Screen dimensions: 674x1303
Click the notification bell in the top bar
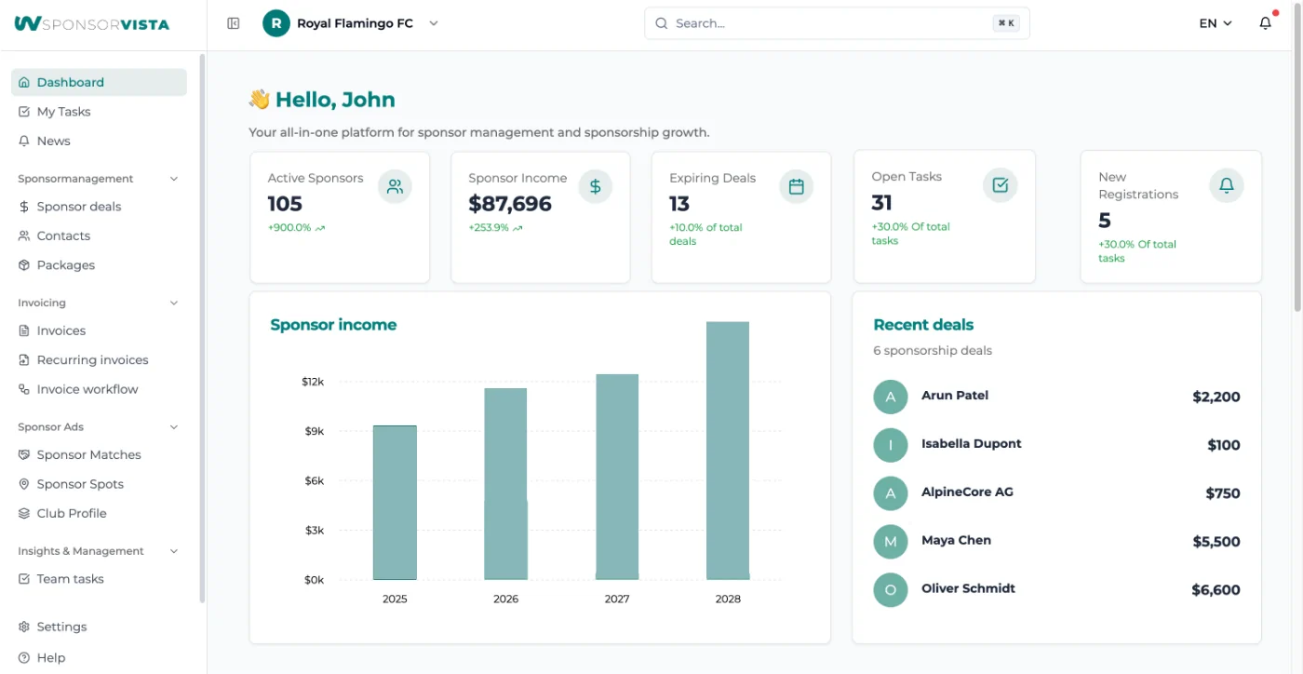pos(1265,24)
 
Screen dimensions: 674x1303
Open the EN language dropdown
pos(1216,24)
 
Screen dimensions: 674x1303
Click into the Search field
pos(828,23)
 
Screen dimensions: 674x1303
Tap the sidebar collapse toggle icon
pos(234,23)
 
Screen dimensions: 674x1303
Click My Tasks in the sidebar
pos(63,112)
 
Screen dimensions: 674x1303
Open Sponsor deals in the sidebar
pos(79,207)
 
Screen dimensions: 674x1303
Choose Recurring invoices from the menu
pos(92,360)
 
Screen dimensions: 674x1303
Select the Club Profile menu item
pos(72,514)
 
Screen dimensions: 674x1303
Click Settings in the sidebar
pos(61,627)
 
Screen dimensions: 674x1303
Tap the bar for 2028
pos(728,451)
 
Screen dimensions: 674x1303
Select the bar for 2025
pos(395,503)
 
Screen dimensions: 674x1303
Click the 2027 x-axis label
pos(617,599)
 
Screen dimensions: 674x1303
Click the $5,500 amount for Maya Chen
pos(1216,542)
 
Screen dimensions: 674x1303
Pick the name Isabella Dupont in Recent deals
pos(971,444)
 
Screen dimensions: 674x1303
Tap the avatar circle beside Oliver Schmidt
pos(890,590)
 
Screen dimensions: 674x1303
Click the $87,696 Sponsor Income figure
pos(510,204)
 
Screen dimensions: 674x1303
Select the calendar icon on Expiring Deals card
pos(796,186)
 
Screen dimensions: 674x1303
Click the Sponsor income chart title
pos(333,325)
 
